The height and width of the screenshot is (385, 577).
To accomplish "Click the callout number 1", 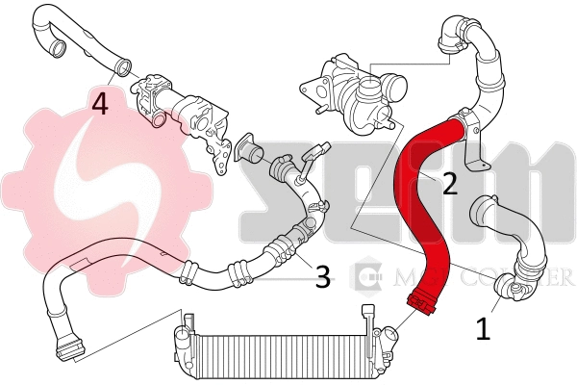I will pyautogui.click(x=484, y=329).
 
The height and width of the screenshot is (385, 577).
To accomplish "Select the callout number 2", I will pyautogui.click(x=448, y=184).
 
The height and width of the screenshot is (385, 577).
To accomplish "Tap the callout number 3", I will pyautogui.click(x=323, y=277).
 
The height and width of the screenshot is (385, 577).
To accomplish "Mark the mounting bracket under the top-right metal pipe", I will pyautogui.click(x=472, y=154).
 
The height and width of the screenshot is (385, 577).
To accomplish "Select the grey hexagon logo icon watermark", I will pyautogui.click(x=366, y=278).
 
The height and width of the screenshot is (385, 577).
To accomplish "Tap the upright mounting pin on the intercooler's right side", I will pyautogui.click(x=366, y=316).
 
